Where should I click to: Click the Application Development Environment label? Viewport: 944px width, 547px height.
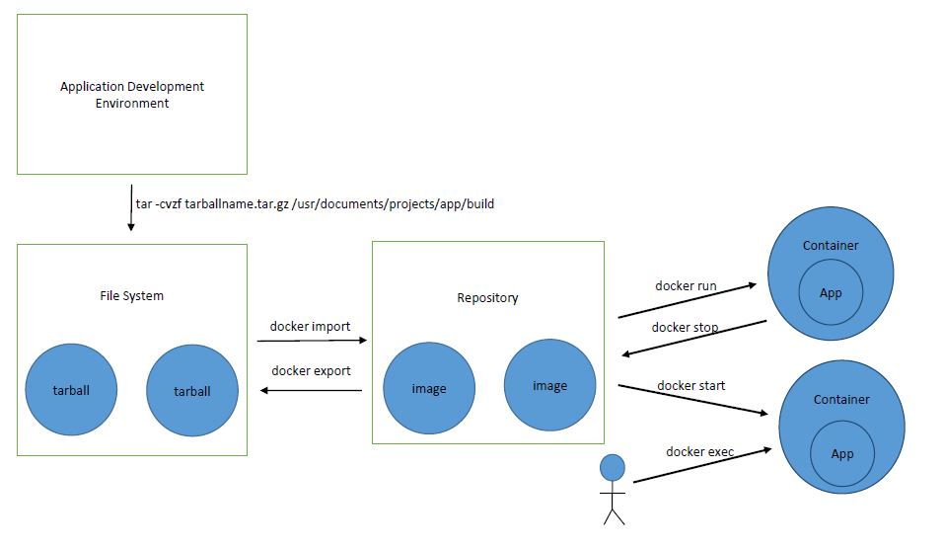(x=132, y=95)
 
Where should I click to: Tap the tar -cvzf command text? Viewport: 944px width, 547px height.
(x=314, y=204)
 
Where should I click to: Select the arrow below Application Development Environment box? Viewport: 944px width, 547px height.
(x=129, y=207)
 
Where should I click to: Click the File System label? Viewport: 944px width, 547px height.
(x=131, y=295)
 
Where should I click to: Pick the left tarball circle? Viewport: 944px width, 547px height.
(x=71, y=390)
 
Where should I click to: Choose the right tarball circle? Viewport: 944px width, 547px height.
(x=192, y=391)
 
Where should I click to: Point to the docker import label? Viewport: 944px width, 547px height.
(x=310, y=327)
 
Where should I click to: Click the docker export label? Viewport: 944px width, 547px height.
(x=311, y=371)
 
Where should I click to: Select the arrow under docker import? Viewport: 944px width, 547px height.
(x=312, y=341)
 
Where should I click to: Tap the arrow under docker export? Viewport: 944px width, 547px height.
(x=312, y=391)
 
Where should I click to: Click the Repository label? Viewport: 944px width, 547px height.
(x=487, y=297)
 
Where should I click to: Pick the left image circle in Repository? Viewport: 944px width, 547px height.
(x=429, y=388)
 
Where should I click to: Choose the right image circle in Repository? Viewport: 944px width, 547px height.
(x=549, y=385)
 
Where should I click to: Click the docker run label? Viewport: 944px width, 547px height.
(x=686, y=286)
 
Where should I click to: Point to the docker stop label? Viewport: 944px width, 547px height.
(x=685, y=327)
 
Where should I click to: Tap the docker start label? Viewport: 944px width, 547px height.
(x=690, y=385)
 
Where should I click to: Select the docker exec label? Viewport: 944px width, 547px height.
(x=699, y=451)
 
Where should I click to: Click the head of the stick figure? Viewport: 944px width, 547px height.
(x=614, y=467)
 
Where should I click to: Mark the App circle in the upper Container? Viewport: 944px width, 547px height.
(x=831, y=292)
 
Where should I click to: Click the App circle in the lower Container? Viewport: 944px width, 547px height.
(x=841, y=453)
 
